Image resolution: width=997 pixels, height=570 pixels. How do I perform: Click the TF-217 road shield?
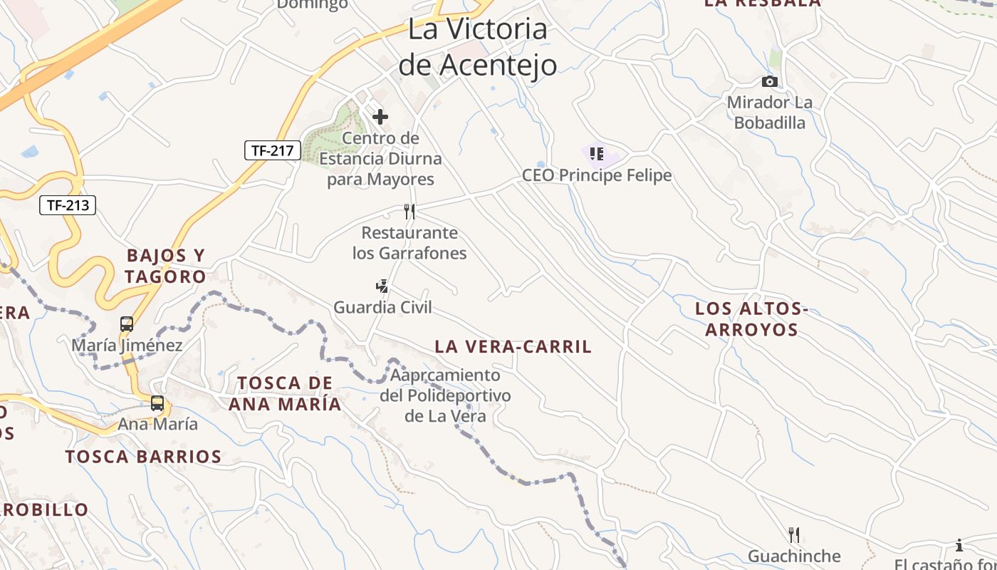click(x=273, y=150)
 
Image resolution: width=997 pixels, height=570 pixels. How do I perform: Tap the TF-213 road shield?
click(x=68, y=205)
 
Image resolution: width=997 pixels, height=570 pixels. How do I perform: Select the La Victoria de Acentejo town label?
click(x=477, y=47)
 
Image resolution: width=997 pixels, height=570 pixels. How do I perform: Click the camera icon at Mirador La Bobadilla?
click(x=769, y=82)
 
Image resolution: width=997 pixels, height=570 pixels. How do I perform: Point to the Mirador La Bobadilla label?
click(x=769, y=113)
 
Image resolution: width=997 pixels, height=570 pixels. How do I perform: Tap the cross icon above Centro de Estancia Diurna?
click(x=380, y=116)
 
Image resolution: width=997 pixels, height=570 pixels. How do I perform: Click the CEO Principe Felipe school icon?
click(x=597, y=153)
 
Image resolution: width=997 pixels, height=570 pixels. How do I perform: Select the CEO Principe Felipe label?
click(x=597, y=175)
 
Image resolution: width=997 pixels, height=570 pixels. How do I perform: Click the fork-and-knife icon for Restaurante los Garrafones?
click(x=409, y=211)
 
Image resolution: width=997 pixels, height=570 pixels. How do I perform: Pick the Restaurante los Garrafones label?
click(x=409, y=243)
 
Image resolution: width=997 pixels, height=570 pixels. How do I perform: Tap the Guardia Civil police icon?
click(x=382, y=286)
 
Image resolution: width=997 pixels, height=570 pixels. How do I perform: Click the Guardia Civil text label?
click(x=382, y=308)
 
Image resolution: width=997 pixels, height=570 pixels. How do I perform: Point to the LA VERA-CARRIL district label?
click(x=513, y=347)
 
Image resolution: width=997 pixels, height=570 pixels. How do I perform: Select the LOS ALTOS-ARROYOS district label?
click(x=752, y=319)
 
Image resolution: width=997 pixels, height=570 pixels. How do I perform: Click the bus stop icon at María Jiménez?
click(x=127, y=324)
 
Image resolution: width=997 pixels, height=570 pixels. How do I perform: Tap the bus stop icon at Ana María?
click(x=157, y=403)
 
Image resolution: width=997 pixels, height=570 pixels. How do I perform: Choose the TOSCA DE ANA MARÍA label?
click(x=285, y=393)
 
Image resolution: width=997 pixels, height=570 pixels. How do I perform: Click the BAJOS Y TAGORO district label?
click(x=165, y=266)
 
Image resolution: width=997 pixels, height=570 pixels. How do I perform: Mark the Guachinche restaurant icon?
click(x=794, y=535)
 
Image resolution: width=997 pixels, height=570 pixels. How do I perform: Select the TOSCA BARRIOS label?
click(x=143, y=457)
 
